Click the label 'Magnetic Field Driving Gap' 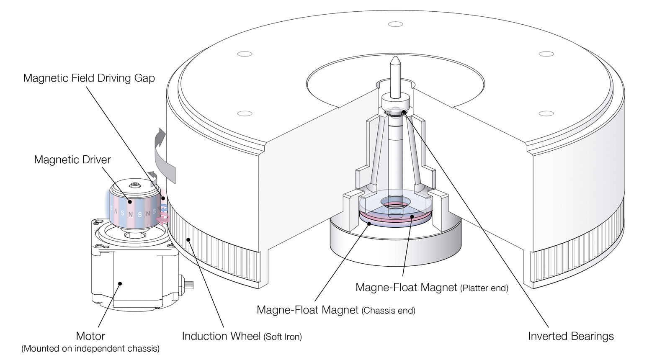click(89, 78)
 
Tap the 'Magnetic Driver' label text click(72, 159)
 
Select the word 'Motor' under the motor click(90, 336)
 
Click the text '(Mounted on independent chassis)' click(90, 348)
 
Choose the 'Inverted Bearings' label click(571, 336)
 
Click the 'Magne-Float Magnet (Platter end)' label click(431, 288)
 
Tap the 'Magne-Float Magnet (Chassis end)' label click(336, 310)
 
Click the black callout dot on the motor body click(120, 283)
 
